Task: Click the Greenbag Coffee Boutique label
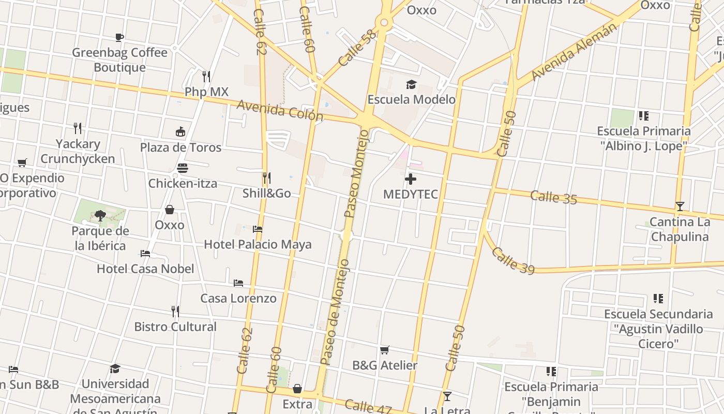(x=119, y=60)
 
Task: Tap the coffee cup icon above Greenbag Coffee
(x=119, y=37)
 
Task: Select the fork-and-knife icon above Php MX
(x=206, y=77)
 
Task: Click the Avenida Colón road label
(x=280, y=110)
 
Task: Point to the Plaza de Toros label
(x=180, y=147)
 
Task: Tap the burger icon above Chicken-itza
(x=183, y=168)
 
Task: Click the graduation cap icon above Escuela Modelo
(x=411, y=84)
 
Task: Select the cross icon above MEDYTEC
(x=411, y=180)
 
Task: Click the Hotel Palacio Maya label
(x=258, y=244)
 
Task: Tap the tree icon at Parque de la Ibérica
(x=100, y=215)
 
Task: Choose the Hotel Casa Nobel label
(x=145, y=269)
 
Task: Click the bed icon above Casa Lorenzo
(x=238, y=283)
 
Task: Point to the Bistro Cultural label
(x=175, y=327)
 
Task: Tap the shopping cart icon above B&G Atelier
(x=384, y=350)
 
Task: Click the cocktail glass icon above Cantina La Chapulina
(x=680, y=206)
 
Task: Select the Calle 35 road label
(x=553, y=197)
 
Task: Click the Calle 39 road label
(x=512, y=260)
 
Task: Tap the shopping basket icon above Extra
(x=297, y=389)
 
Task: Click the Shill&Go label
(x=266, y=194)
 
